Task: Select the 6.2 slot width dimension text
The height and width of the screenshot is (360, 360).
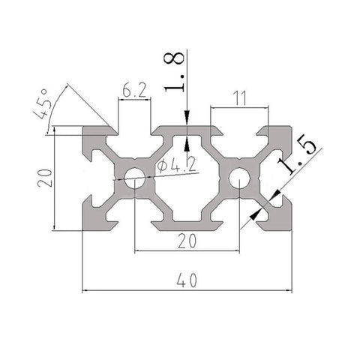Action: pyautogui.click(x=133, y=90)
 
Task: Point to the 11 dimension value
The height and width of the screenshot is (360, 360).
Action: pyautogui.click(x=239, y=97)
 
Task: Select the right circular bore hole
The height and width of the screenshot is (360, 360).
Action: pyautogui.click(x=238, y=178)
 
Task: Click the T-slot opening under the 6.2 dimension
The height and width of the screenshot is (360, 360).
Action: pyautogui.click(x=134, y=131)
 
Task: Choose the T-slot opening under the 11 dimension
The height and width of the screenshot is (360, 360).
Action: pyautogui.click(x=239, y=131)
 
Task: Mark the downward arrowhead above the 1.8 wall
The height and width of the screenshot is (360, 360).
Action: pyautogui.click(x=187, y=121)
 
